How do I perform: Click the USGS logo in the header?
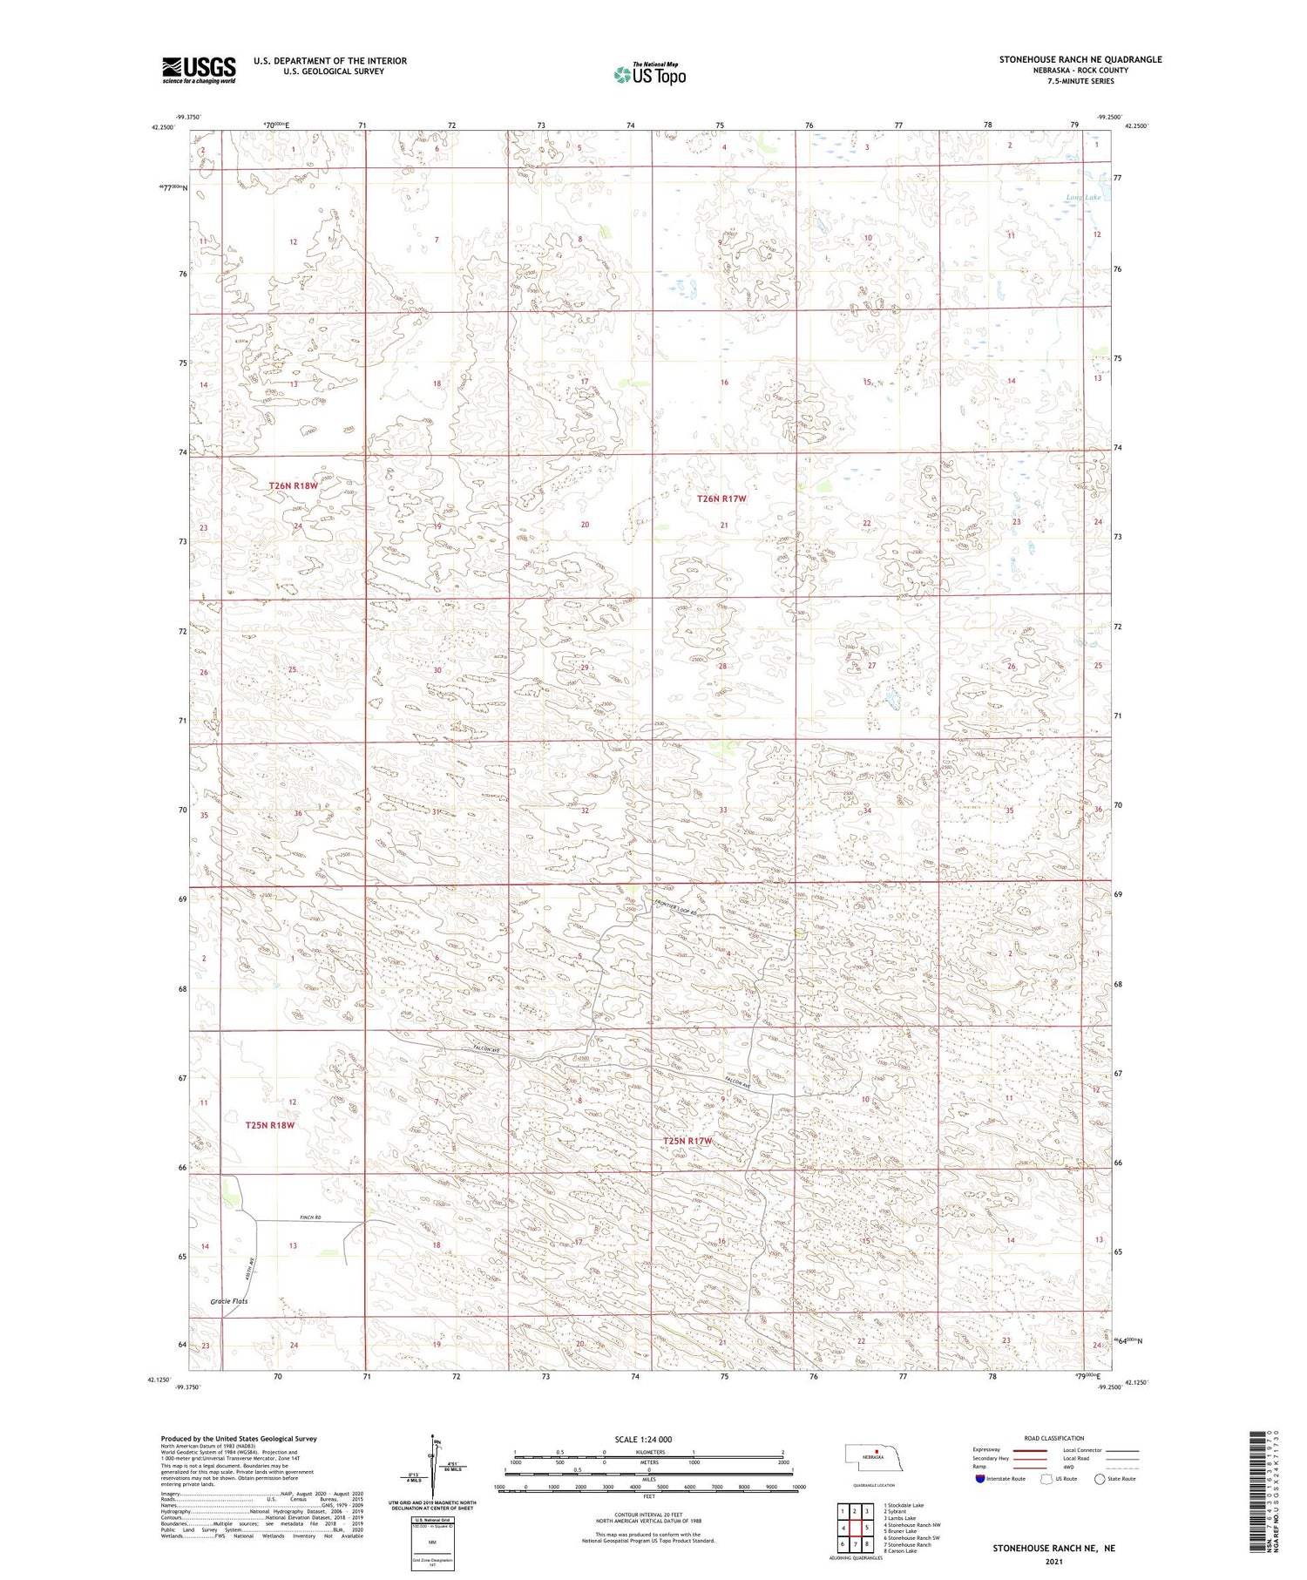pos(199,70)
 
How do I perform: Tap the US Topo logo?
pos(650,75)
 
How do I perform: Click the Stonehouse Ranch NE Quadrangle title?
pos(1080,59)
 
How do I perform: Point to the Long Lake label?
pos(1083,198)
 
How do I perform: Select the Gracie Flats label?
pos(229,1301)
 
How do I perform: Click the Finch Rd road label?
pos(299,1217)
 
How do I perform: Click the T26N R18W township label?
pos(293,485)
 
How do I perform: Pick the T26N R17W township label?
pos(721,498)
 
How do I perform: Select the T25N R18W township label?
pos(270,1125)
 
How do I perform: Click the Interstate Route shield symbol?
pos(980,1479)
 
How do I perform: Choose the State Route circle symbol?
pos(1100,1479)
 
